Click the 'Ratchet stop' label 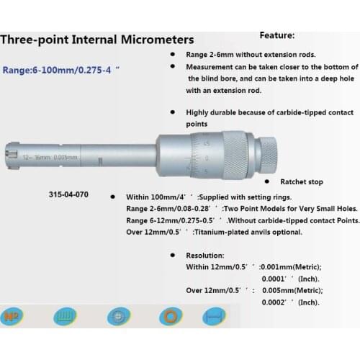[296, 183]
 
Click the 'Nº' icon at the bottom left [12, 317]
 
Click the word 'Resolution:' [204, 255]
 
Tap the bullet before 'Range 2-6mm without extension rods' [171, 54]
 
